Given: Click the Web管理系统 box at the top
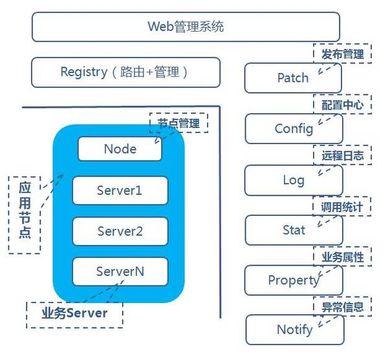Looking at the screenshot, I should coord(186,27).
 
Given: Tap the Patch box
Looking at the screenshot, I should coord(293,78).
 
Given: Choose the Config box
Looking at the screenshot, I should coord(294,129).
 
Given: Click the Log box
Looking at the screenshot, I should coord(294,180).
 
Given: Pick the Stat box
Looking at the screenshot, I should coord(294,230).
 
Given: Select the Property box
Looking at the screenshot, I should coord(294,280).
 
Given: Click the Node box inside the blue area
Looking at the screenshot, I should coord(120,149).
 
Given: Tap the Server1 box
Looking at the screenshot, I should coord(120,191).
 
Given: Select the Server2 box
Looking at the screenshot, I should coord(120,231).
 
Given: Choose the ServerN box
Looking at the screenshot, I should coord(120,271).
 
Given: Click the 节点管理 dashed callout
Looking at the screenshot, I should coord(179,122).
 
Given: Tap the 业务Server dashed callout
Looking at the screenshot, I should coord(74,313).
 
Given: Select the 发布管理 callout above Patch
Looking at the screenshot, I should coord(342,54).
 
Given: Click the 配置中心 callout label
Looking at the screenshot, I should coord(342,105).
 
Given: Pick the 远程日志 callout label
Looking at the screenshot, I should coord(342,156).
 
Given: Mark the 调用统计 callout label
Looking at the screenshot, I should coord(342,207).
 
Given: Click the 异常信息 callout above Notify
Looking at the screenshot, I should coord(342,307).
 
